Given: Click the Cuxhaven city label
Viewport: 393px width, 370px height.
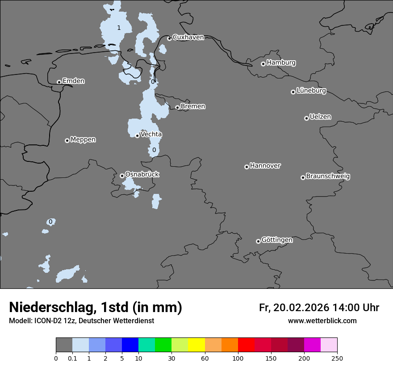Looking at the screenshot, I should (x=188, y=37).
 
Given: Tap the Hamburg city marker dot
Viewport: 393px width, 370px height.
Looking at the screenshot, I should (x=263, y=64).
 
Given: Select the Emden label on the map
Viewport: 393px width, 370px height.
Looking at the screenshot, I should (x=73, y=81).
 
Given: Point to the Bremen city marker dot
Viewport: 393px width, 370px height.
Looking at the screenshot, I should (x=177, y=107).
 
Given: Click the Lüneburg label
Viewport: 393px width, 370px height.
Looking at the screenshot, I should (x=311, y=91).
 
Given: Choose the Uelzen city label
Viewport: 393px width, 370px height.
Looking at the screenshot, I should (x=320, y=117).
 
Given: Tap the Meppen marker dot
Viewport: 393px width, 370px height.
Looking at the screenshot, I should (x=67, y=140).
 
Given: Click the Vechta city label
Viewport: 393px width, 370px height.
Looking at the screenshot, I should (x=151, y=135).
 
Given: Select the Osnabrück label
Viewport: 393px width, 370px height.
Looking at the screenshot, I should (x=142, y=175).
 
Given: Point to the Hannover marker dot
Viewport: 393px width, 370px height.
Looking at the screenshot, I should (x=247, y=167).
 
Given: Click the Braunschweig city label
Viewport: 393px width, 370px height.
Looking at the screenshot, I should (x=328, y=177).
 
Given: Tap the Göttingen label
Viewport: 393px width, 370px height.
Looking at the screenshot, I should (x=277, y=240).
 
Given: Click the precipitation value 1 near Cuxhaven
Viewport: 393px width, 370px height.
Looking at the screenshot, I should (x=119, y=28).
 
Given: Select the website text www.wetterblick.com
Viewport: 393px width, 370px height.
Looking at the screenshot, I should (x=322, y=321).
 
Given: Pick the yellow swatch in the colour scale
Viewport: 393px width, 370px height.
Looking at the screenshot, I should (x=196, y=345).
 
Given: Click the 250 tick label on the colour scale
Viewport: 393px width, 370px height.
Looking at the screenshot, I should (x=337, y=358).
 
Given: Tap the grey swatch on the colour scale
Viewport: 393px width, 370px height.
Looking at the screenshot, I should (x=64, y=345).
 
